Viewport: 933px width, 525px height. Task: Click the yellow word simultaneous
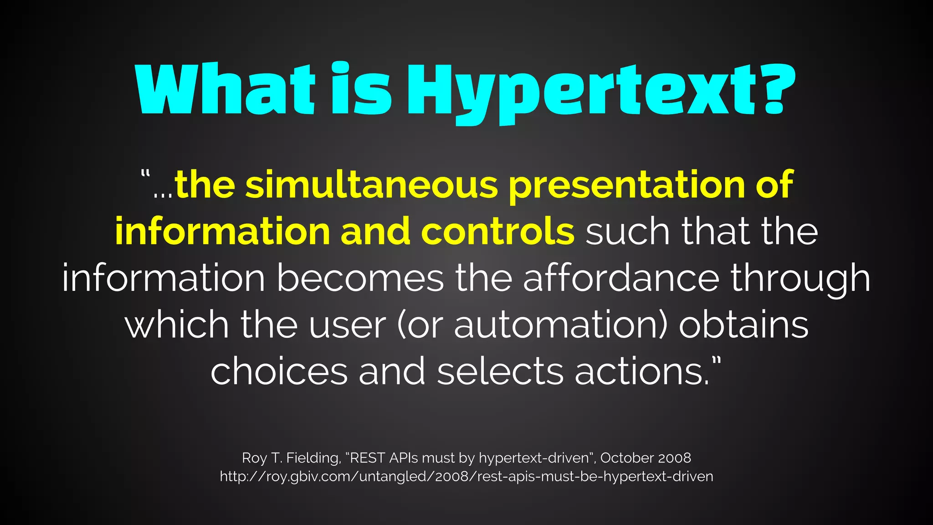[371, 184]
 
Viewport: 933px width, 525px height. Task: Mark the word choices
[279, 371]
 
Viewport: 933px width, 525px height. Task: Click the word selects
[500, 371]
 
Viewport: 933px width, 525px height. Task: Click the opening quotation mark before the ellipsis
[145, 175]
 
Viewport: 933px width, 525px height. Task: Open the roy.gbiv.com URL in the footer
[466, 477]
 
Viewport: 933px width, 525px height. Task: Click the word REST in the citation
[367, 458]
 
